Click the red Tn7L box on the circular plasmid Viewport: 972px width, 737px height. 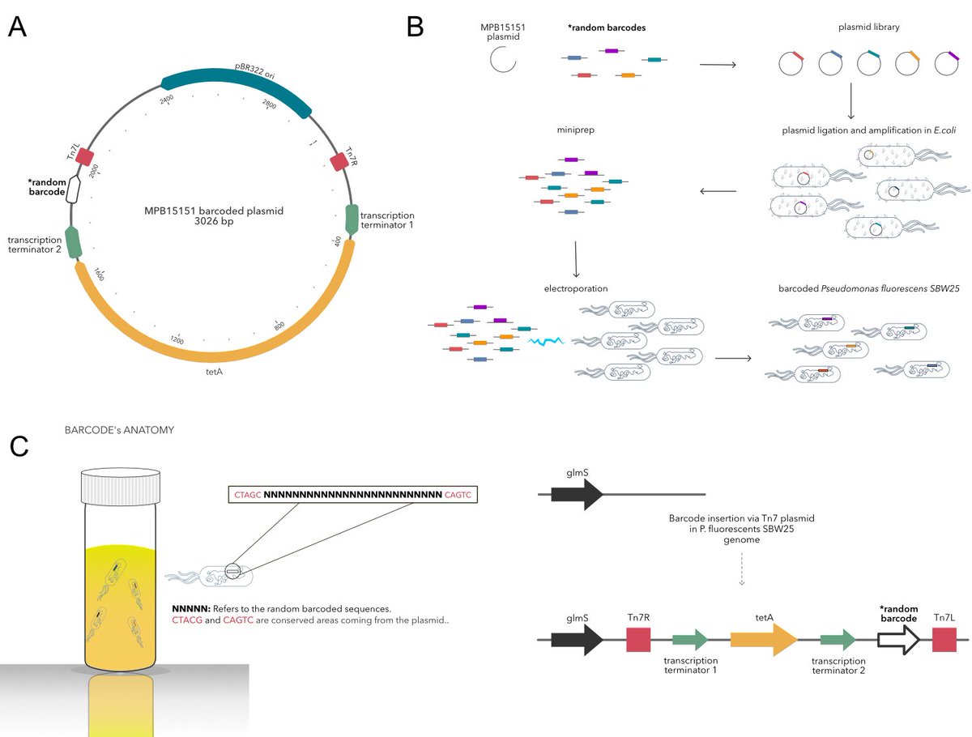[x=84, y=157]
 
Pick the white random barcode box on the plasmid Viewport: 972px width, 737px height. [x=74, y=190]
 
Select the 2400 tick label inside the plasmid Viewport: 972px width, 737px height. [x=168, y=99]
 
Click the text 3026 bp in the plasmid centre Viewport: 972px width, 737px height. [x=213, y=224]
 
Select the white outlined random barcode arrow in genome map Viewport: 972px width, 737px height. [x=897, y=639]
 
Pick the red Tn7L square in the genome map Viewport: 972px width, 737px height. [x=944, y=639]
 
